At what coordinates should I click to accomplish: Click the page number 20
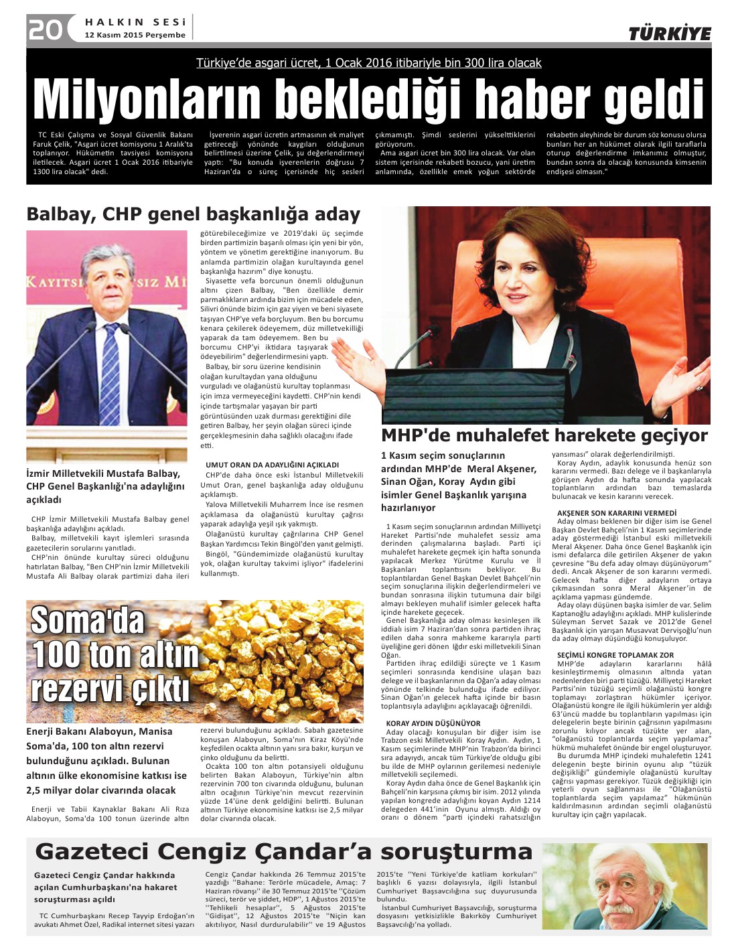click(x=45, y=29)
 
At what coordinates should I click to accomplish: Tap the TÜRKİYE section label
click(x=669, y=34)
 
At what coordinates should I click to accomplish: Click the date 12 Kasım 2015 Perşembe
click(x=135, y=35)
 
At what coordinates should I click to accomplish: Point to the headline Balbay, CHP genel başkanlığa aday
click(x=193, y=214)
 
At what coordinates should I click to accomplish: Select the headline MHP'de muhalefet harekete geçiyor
click(x=544, y=435)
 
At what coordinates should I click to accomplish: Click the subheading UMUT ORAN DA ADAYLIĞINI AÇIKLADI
click(x=272, y=465)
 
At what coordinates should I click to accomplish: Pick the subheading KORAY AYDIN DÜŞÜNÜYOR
click(x=433, y=723)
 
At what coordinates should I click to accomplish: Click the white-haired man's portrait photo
click(x=624, y=885)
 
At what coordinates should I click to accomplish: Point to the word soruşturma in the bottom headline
click(x=457, y=852)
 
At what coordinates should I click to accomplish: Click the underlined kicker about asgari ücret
click(x=368, y=63)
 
